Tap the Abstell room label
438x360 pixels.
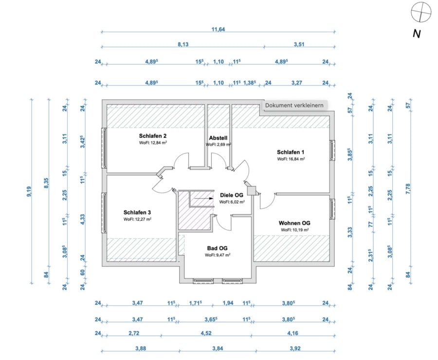(x=218, y=138)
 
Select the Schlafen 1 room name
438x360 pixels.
(x=291, y=152)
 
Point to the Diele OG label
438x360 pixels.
(x=232, y=195)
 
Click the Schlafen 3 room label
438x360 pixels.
(x=138, y=212)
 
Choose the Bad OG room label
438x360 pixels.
(x=217, y=248)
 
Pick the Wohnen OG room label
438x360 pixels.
(x=294, y=223)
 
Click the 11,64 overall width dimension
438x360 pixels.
(x=218, y=30)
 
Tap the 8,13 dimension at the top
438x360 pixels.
(x=183, y=44)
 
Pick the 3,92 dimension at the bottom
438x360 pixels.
(x=295, y=348)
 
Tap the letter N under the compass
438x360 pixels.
(x=416, y=34)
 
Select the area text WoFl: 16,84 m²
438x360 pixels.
(x=291, y=159)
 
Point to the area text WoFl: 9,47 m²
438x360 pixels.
(x=218, y=255)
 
